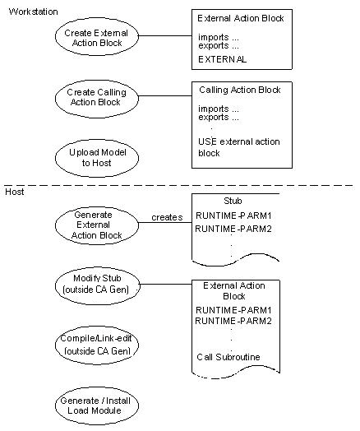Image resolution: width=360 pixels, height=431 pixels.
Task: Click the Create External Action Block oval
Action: point(91,38)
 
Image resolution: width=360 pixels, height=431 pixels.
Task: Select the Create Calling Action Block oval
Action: point(91,98)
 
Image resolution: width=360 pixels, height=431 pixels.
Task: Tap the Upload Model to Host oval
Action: point(91,157)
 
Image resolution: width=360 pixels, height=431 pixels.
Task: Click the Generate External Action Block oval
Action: point(91,224)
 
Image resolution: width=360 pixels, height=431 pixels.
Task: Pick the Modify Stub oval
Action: point(91,285)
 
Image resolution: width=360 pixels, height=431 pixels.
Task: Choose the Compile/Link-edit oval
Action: point(91,345)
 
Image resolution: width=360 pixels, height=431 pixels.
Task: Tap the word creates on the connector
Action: point(166,217)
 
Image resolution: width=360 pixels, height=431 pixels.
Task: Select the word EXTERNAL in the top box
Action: point(222,59)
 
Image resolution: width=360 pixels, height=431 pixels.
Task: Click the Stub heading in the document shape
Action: point(233,200)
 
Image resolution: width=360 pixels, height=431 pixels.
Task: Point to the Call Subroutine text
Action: point(229,357)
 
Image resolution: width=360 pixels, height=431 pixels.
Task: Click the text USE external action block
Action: point(238,147)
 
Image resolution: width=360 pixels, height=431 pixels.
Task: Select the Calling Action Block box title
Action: point(240,90)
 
